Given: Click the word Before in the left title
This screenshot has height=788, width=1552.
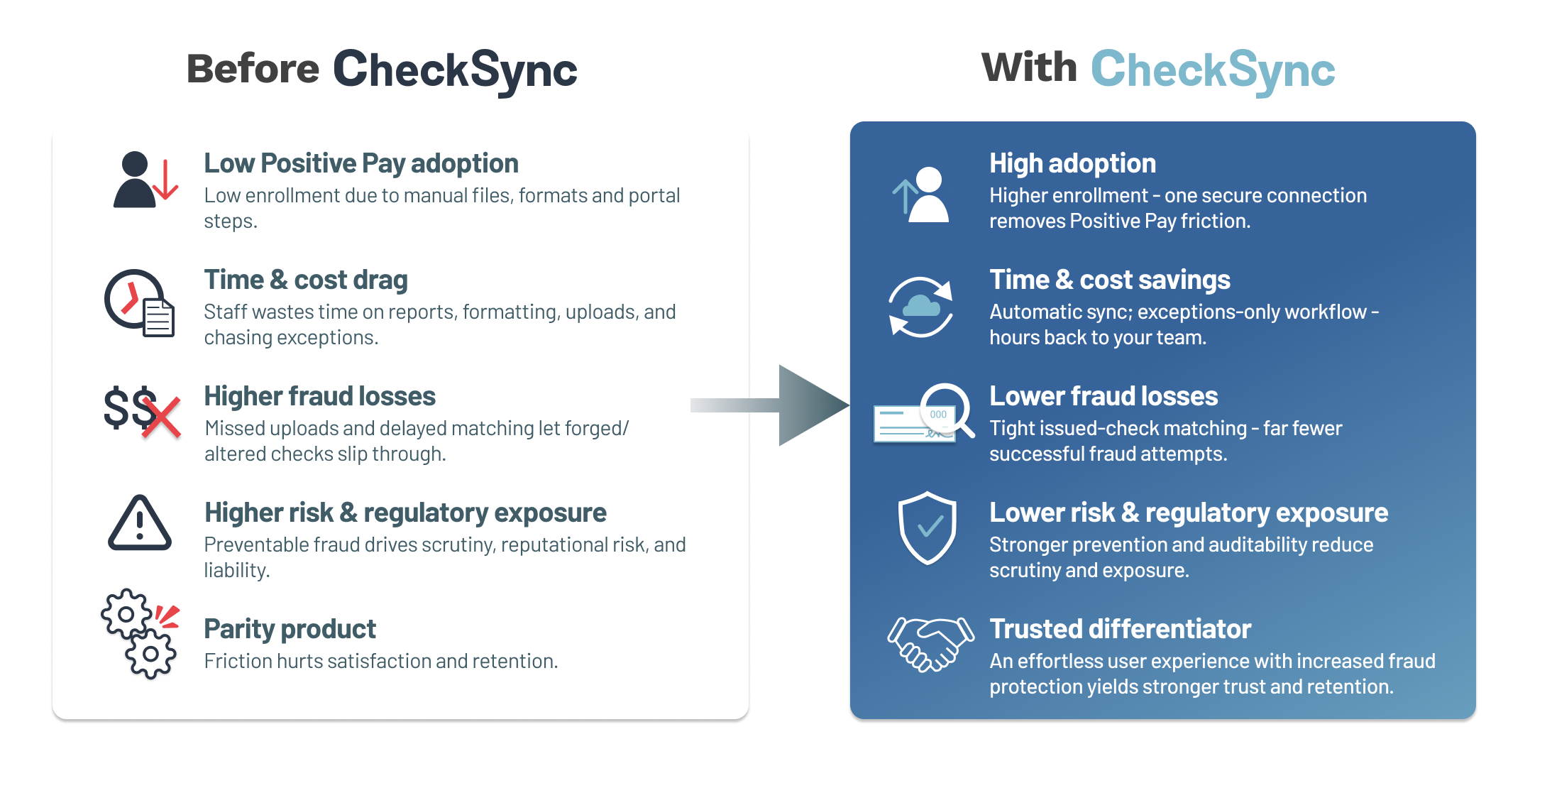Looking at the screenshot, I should pos(253,69).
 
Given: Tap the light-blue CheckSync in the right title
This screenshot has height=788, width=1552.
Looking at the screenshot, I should pos(1212,70).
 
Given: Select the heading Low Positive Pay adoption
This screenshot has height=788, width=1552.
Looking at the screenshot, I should pos(361,163).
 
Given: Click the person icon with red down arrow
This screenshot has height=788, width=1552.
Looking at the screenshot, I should pos(144,180).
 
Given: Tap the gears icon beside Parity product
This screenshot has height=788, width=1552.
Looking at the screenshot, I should pos(139,633).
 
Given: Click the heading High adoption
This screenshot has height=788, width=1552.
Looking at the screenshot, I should pos(1072,163).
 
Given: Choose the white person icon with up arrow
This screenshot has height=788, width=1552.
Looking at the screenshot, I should pos(922,195).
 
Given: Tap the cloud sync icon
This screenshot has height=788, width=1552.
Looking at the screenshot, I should pos(920,307).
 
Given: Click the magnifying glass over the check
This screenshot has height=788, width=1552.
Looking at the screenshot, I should pos(947,410).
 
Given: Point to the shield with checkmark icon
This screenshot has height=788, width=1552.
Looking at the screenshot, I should pos(927,527).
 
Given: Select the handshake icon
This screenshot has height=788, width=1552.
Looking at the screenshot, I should pos(930,643).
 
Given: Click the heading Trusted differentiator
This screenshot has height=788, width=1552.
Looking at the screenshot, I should pos(1120,629).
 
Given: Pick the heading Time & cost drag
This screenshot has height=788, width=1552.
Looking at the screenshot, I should pos(306,280).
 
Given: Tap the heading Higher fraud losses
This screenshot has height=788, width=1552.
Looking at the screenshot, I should pos(319,396).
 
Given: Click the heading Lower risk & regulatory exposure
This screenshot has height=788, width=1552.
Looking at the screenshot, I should pos(1188,513).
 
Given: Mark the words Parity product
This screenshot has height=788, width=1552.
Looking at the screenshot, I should pos(290,629).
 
